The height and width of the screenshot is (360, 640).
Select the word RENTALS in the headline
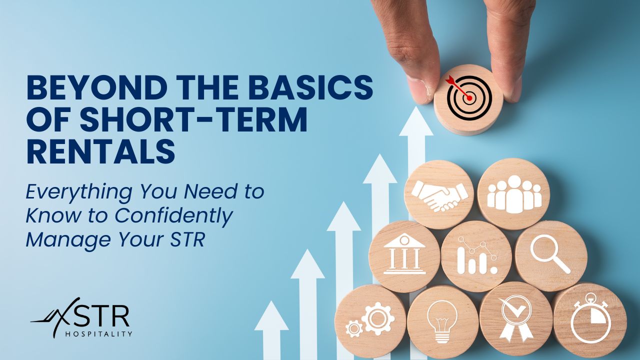tap(100, 151)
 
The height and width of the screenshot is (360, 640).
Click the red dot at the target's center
tap(469, 98)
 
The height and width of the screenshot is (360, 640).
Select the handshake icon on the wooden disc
tap(439, 196)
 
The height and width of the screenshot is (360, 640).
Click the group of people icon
tap(514, 194)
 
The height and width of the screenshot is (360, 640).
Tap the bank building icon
tap(404, 254)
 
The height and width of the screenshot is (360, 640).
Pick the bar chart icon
tap(477, 255)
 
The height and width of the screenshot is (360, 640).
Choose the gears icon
tap(370, 320)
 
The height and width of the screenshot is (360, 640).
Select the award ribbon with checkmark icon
tap(515, 319)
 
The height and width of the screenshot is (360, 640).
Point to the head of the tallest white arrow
tap(416, 121)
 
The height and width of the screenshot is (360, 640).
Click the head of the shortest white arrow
tap(271, 315)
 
